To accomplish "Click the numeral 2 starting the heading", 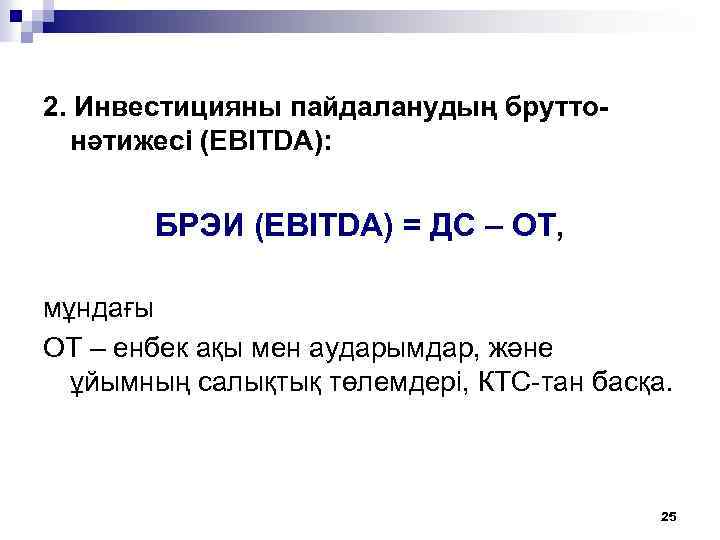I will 52,107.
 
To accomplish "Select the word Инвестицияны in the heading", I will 167,107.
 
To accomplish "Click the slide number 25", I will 669,516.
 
